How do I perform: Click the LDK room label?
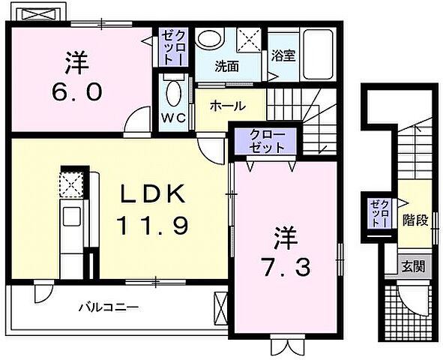(154, 193)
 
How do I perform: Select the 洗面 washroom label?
(227, 66)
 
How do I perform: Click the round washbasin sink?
(211, 39)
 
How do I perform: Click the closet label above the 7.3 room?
(268, 141)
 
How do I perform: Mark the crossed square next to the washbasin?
(249, 37)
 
